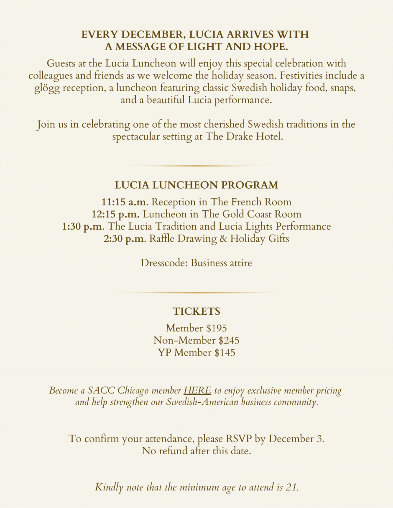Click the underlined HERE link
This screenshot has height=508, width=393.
tap(197, 391)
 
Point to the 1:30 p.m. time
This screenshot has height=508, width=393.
tap(83, 227)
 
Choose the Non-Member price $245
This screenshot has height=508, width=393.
tap(229, 341)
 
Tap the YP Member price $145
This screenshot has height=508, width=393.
tap(225, 353)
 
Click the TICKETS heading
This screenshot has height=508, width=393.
tap(196, 311)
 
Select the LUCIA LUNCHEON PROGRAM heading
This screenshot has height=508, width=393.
tap(196, 185)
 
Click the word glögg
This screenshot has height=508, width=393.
tap(47, 88)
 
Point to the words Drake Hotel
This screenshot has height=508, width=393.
tap(254, 136)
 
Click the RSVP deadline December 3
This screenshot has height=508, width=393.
tap(296, 439)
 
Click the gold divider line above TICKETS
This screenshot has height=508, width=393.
tap(196, 293)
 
